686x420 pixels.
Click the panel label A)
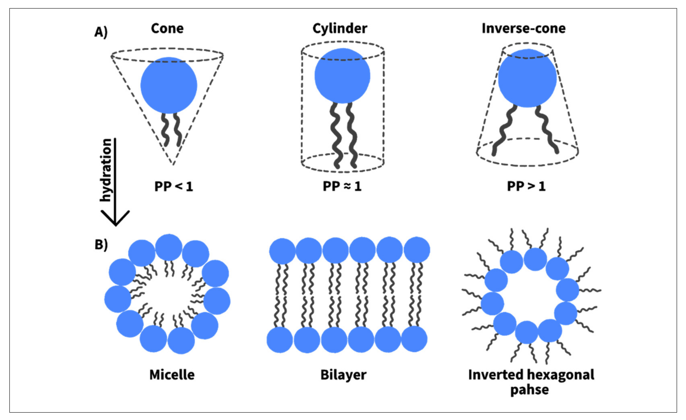click(x=101, y=32)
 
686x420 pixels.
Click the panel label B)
click(x=101, y=245)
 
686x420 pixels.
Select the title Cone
click(x=167, y=29)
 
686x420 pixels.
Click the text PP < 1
click(x=174, y=186)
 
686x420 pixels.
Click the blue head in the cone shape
click(x=169, y=85)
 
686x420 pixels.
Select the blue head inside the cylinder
click(x=342, y=76)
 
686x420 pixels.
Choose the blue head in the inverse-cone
click(x=527, y=78)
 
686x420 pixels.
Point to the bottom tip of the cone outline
click(x=173, y=164)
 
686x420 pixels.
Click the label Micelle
click(x=172, y=375)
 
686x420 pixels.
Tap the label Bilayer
click(x=343, y=375)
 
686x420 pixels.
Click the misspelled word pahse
click(x=529, y=390)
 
